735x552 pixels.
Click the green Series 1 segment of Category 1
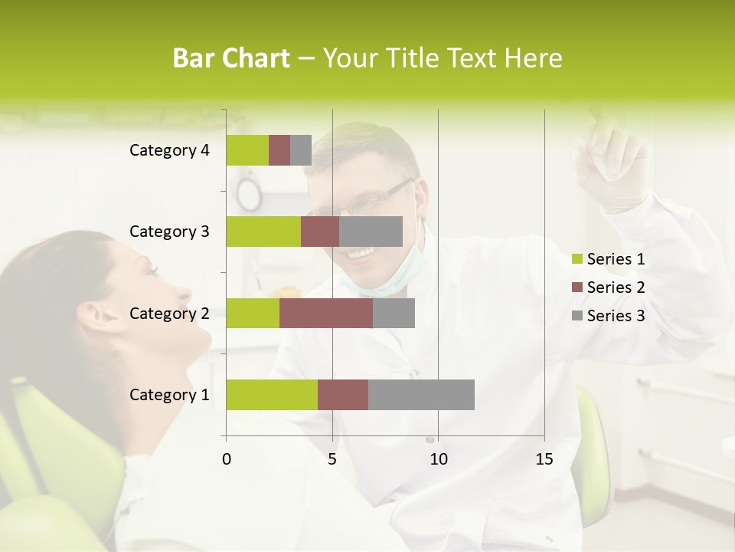[x=272, y=394]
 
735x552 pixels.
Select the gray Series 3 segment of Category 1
[x=421, y=394]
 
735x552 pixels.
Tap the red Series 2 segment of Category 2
[x=326, y=313]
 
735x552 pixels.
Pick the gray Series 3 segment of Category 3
[x=371, y=232]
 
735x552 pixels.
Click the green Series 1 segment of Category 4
[x=247, y=150]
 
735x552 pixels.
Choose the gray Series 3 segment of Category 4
[x=301, y=150]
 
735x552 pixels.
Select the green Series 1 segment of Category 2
[x=253, y=313]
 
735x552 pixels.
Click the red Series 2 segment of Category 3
[x=320, y=232]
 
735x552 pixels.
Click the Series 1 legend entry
[x=608, y=259]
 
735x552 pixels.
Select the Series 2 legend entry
[x=608, y=287]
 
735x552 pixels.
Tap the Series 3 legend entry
[x=608, y=315]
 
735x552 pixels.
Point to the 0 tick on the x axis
[x=227, y=459]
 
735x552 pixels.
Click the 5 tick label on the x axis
[x=332, y=459]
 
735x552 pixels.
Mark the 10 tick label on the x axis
[x=438, y=459]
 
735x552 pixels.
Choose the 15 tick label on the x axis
[x=544, y=459]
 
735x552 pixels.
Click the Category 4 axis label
[x=169, y=150]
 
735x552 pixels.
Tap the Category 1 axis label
[x=169, y=395]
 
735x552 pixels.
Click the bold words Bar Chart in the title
[x=231, y=58]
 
